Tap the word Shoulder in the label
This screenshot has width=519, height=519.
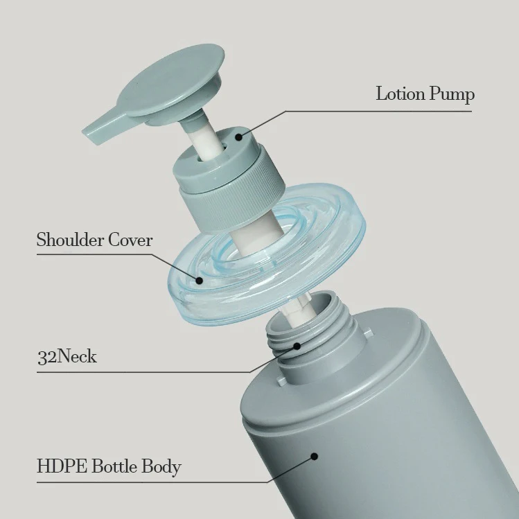(70, 240)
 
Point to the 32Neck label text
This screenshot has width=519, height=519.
(67, 358)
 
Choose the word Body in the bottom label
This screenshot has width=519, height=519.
(161, 466)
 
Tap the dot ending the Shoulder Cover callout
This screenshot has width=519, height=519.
(200, 281)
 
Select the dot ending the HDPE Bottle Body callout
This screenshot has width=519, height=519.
(314, 456)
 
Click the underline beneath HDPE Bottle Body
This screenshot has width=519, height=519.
(139, 480)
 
